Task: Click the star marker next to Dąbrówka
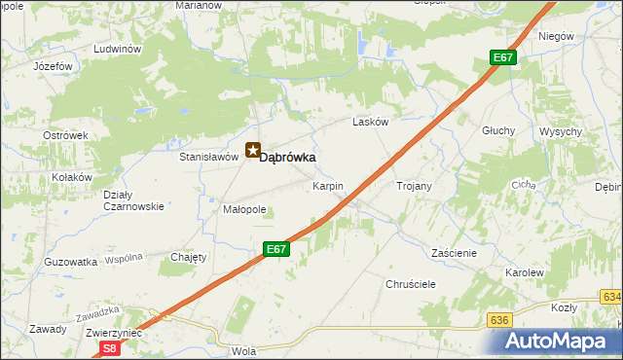coord(253,151)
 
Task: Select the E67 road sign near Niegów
coord(502,58)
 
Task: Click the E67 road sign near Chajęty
coord(276,250)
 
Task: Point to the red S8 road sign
coord(110,347)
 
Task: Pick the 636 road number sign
coord(500,320)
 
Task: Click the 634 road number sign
coord(611,297)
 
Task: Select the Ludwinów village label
coord(118,49)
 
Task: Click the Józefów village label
coord(54,66)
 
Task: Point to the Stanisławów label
coord(209,156)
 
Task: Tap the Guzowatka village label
coord(71,262)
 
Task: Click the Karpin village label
coord(327,185)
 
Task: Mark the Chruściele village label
coord(410,283)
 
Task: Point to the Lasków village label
coord(371,123)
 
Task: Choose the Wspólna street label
coord(124,259)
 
